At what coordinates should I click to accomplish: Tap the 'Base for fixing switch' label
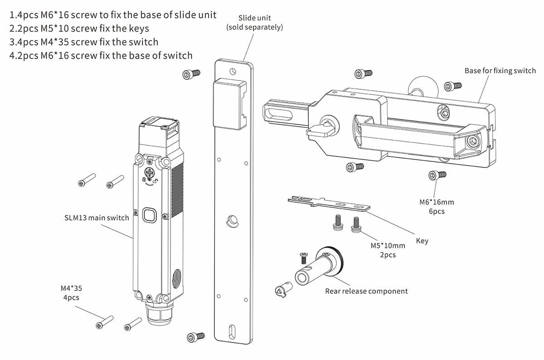click(x=500, y=71)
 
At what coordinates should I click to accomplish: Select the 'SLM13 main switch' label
click(x=97, y=218)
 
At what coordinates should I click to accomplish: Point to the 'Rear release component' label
click(x=366, y=291)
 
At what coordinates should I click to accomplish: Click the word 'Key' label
click(x=422, y=241)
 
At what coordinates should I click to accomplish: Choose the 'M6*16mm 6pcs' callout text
click(x=437, y=207)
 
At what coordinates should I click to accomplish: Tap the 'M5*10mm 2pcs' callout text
click(x=386, y=250)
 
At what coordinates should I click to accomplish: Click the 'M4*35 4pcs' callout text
click(x=71, y=292)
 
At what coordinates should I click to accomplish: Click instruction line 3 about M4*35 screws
click(x=84, y=42)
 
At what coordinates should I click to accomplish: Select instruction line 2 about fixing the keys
click(x=79, y=29)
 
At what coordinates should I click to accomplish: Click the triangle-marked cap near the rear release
click(x=281, y=291)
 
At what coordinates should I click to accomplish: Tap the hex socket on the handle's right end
click(x=473, y=141)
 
